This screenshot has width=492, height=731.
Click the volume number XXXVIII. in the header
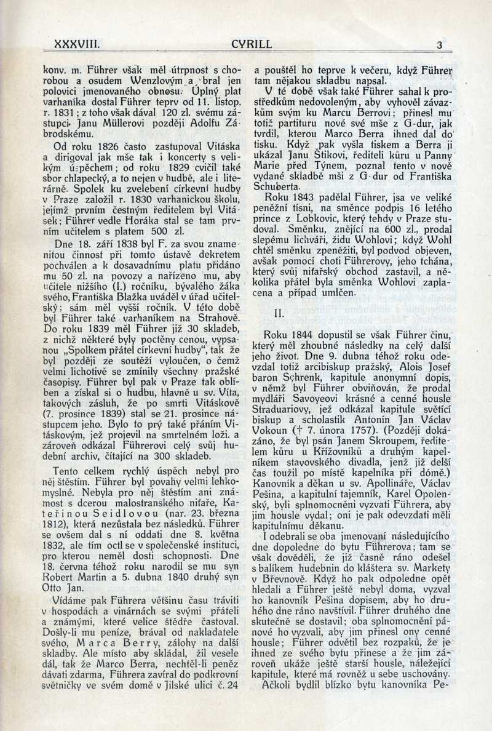click(x=77, y=45)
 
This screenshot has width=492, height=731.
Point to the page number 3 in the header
click(x=439, y=45)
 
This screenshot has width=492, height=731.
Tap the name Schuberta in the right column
click(x=279, y=185)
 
